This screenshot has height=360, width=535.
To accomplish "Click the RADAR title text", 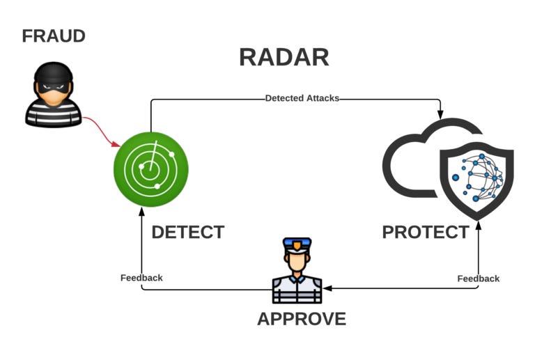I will pyautogui.click(x=284, y=57).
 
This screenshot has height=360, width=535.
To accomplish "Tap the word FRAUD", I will pyautogui.click(x=54, y=36).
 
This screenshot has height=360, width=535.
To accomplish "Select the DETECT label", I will pyautogui.click(x=187, y=232).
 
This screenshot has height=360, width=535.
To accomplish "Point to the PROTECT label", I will pyautogui.click(x=425, y=232).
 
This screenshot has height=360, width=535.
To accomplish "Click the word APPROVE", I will pyautogui.click(x=301, y=319).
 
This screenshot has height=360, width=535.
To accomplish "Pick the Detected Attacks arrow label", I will pyautogui.click(x=302, y=98).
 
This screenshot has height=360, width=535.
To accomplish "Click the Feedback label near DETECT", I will pyautogui.click(x=141, y=278).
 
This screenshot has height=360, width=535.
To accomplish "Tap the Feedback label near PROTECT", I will pyautogui.click(x=478, y=279).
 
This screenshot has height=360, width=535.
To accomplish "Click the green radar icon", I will pyautogui.click(x=151, y=169).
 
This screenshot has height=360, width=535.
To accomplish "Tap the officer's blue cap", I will pyautogui.click(x=297, y=244).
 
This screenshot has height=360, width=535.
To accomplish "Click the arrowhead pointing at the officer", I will pyautogui.click(x=327, y=288).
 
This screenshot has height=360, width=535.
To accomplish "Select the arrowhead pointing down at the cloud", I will pyautogui.click(x=440, y=113).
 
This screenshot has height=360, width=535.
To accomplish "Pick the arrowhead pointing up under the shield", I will pyautogui.click(x=478, y=225).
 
